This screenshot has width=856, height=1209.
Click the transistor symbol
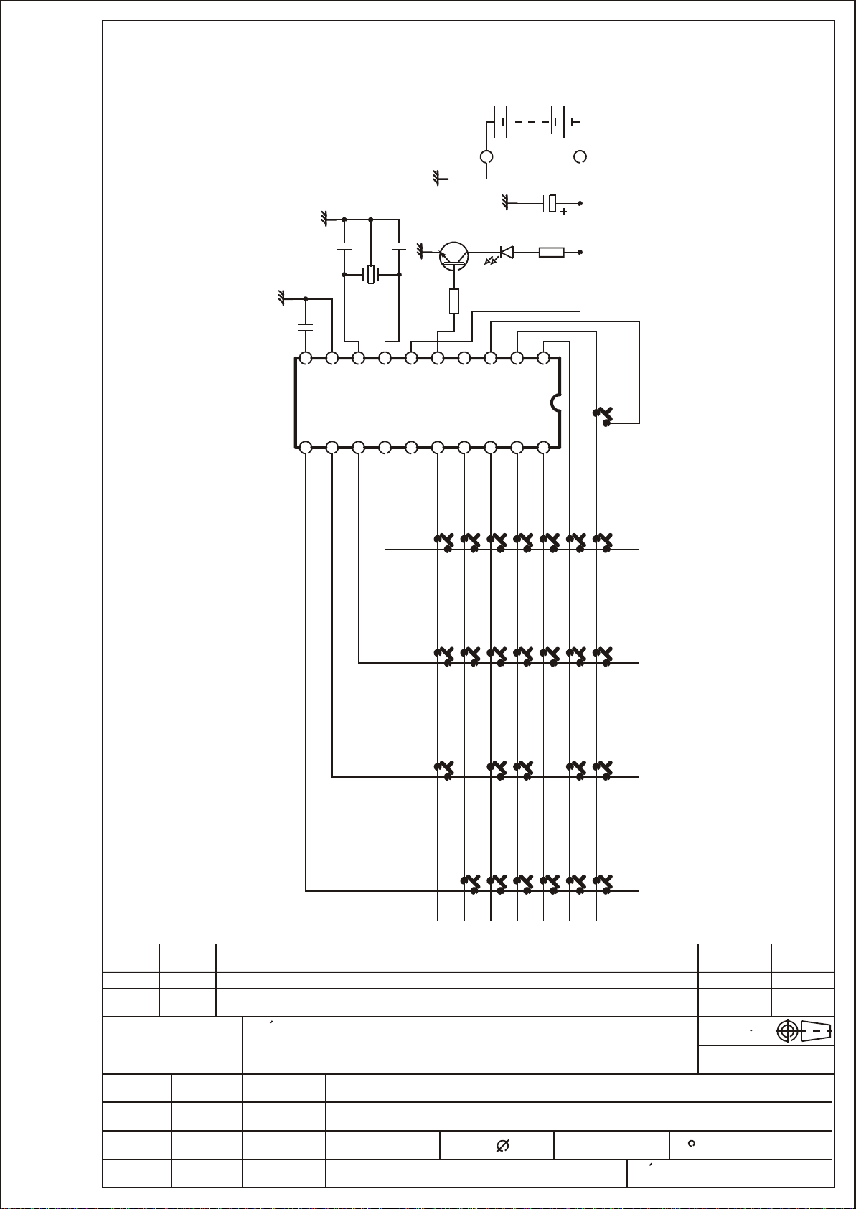tap(453, 255)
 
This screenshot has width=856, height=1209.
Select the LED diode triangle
tap(507, 253)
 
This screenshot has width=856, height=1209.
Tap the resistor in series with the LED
tap(551, 253)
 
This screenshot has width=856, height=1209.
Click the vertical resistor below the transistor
tap(453, 301)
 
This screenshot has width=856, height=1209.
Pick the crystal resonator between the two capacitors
tap(371, 274)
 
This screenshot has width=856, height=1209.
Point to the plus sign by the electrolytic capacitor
tap(564, 212)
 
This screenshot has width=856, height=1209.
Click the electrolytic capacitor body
tap(552, 204)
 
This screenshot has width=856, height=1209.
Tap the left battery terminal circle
tap(486, 156)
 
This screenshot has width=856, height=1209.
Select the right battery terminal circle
tap(580, 156)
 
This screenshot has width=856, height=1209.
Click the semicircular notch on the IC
tap(555, 403)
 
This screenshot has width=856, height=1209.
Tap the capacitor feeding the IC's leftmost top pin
tap(306, 328)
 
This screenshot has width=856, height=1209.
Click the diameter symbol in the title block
tap(502, 1147)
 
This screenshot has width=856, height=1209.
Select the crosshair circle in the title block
tap(787, 1031)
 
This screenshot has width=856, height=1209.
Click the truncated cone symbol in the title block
tap(817, 1031)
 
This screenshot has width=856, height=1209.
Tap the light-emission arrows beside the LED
tap(492, 259)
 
